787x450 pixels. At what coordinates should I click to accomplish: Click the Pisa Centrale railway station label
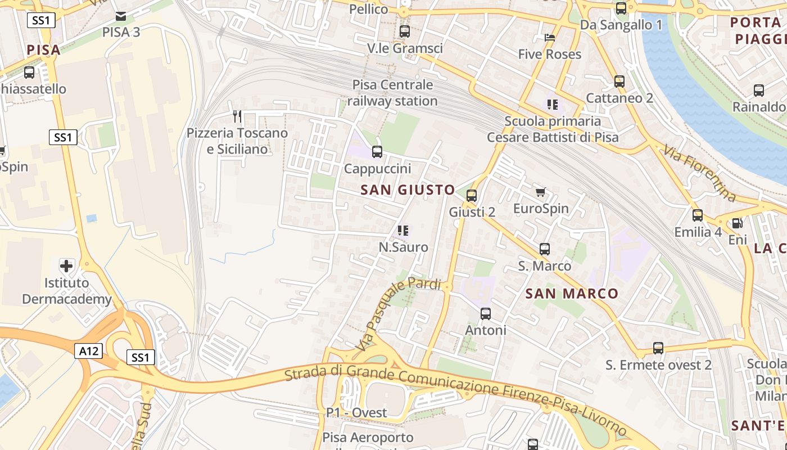click(392, 93)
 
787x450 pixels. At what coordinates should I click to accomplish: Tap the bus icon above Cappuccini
click(377, 151)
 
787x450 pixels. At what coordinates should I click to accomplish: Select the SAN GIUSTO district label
click(408, 190)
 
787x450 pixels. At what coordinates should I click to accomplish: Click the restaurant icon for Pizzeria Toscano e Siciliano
click(237, 116)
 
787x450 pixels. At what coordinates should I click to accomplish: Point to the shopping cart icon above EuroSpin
click(541, 192)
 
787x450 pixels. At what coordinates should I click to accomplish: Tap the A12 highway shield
click(89, 352)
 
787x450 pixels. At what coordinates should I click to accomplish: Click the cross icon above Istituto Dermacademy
click(66, 265)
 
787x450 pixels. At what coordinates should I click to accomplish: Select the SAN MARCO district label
click(572, 294)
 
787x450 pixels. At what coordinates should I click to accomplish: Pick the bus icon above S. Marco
click(544, 249)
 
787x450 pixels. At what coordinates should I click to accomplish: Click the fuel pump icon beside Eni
click(737, 223)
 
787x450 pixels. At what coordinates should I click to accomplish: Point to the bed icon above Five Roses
click(550, 38)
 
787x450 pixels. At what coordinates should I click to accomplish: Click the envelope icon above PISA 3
click(121, 16)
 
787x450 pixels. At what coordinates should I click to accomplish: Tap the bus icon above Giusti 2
click(472, 196)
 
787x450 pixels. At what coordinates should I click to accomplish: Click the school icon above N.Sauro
click(403, 231)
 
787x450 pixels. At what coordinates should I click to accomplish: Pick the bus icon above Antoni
click(486, 314)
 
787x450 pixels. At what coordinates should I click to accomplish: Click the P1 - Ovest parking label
click(356, 413)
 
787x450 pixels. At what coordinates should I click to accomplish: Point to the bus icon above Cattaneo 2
click(619, 82)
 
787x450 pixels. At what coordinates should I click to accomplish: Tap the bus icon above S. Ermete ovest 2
click(658, 348)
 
